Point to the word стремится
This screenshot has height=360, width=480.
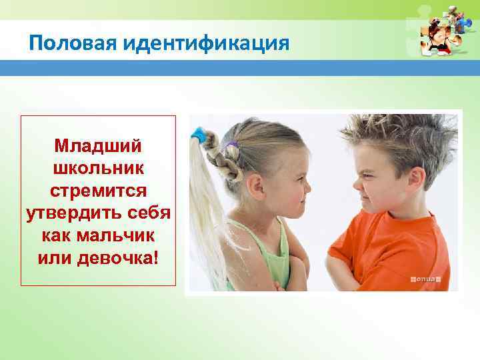pos(98,191)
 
